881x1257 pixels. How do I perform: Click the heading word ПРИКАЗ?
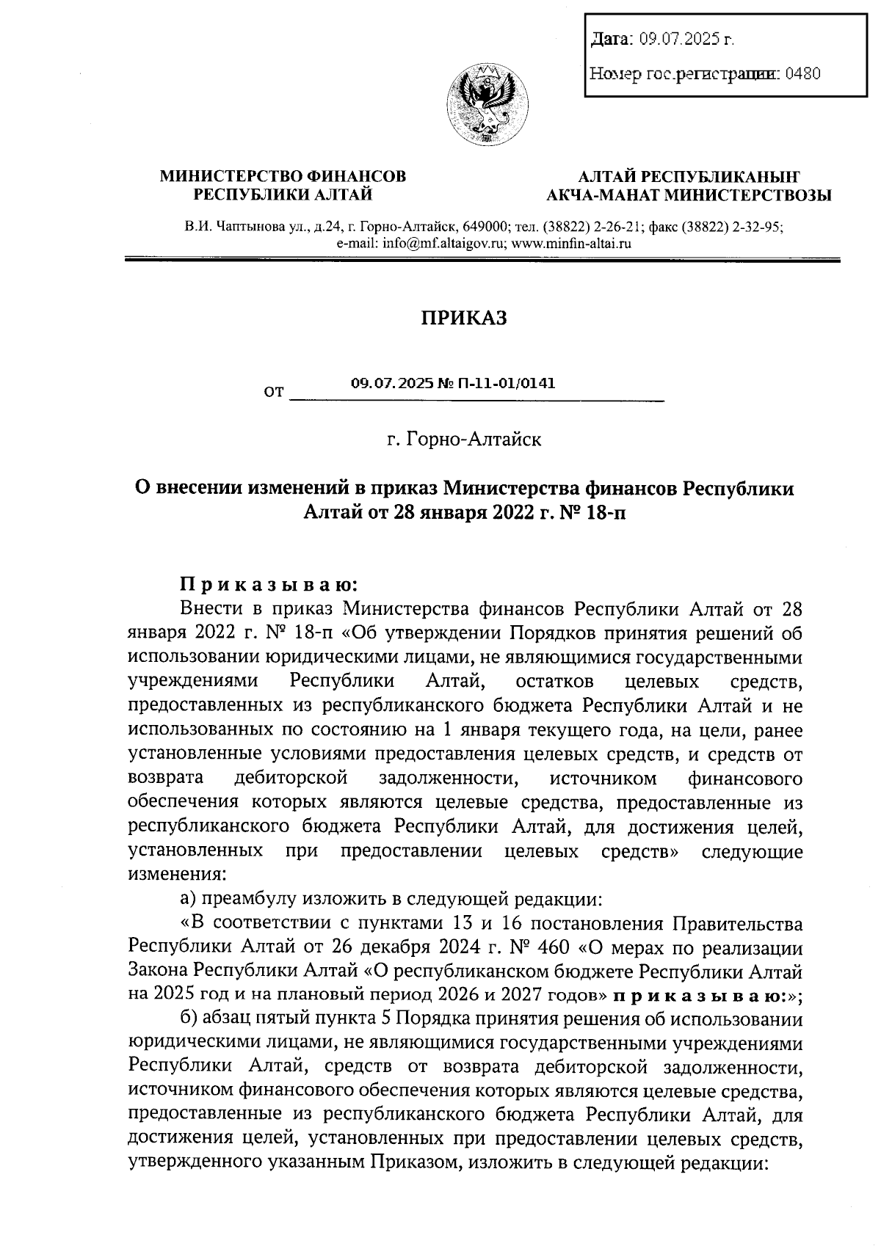tap(463, 318)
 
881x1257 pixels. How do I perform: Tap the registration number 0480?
tap(802, 73)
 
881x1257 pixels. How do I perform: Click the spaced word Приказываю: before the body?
tap(269, 585)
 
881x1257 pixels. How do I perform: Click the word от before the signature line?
tap(273, 393)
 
